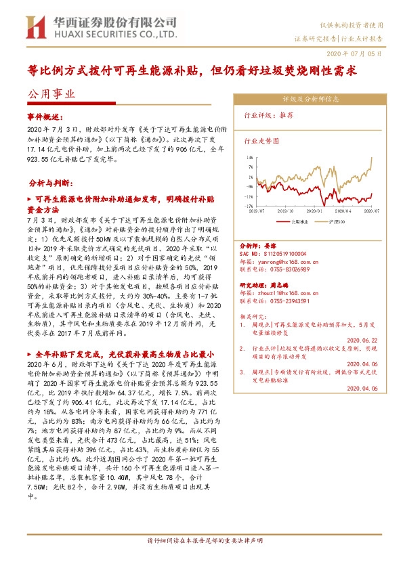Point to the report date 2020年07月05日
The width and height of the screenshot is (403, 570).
click(x=359, y=51)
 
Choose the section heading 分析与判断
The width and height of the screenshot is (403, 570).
click(x=52, y=183)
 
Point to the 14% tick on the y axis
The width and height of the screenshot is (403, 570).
click(x=250, y=155)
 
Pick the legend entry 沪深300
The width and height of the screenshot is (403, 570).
click(x=337, y=221)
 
